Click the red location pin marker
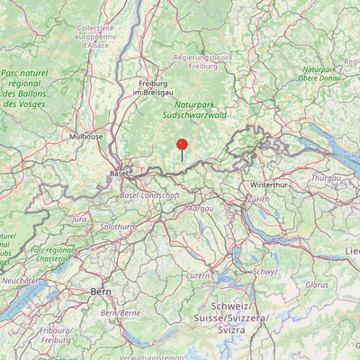[182, 145]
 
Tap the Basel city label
[118, 172]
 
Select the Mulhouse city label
[85, 137]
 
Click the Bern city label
[100, 292]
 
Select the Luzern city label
[197, 274]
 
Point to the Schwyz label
[265, 271]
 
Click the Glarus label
[317, 284]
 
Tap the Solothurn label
[116, 226]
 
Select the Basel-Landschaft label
[149, 195]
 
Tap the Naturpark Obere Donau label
[322, 73]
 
